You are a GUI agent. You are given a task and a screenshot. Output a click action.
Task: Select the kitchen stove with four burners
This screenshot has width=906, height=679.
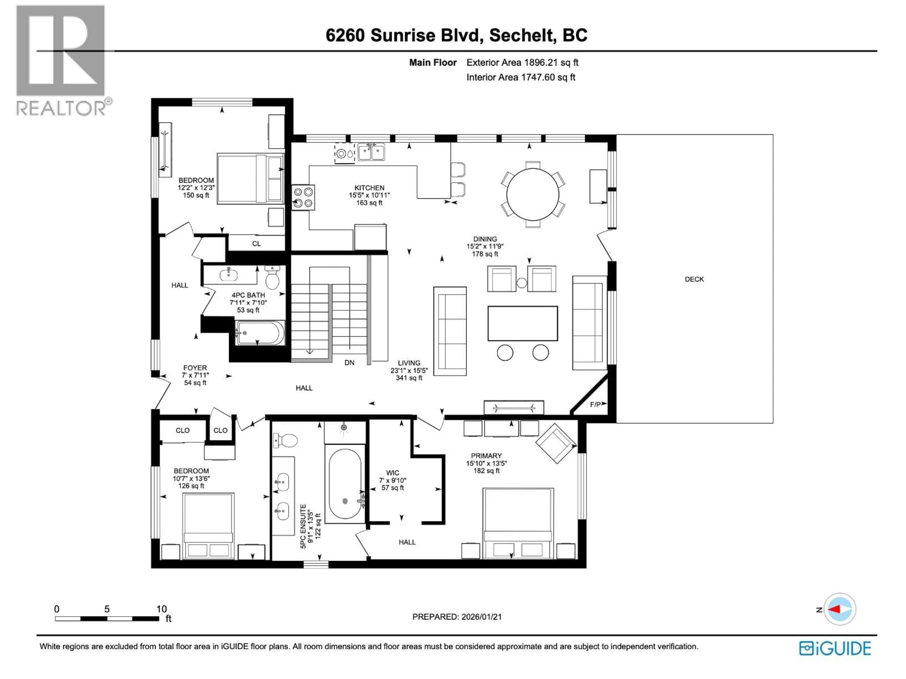point(303,197)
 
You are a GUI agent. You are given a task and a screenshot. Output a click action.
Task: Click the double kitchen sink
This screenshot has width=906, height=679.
point(371,152)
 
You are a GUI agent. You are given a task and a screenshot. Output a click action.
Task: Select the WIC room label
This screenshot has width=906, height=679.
point(392,473)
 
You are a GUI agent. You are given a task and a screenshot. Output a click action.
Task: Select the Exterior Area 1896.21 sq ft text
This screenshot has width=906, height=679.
point(522,63)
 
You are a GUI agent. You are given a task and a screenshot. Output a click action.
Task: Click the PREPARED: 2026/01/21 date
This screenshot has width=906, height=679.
point(457,617)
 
